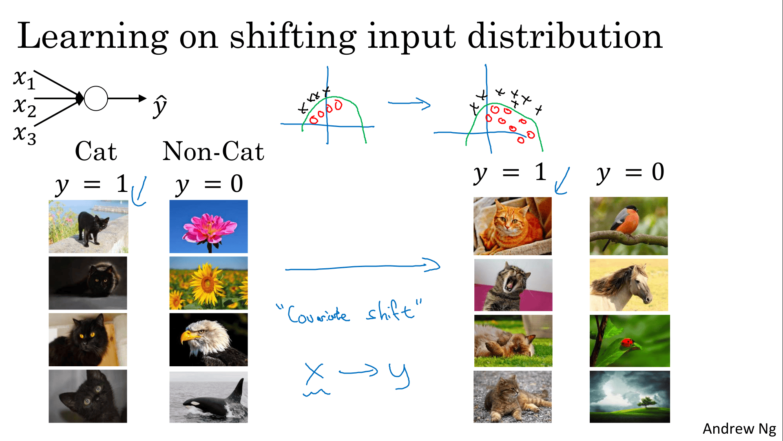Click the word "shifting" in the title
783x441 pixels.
[x=293, y=37]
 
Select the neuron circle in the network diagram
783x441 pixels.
[x=96, y=98]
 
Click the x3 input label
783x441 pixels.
[x=24, y=134]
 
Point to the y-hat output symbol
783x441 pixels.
[x=160, y=106]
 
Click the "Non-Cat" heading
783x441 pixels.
[x=213, y=151]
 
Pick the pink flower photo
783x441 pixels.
[x=208, y=226]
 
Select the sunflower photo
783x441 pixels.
[x=208, y=283]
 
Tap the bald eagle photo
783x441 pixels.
[x=208, y=340]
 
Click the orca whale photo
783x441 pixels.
[x=208, y=397]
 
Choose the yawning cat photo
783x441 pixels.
[x=513, y=285]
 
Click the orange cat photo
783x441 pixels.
[x=513, y=226]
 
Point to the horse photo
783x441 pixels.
[x=629, y=285]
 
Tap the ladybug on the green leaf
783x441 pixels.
[x=628, y=343]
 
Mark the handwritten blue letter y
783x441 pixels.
[x=399, y=376]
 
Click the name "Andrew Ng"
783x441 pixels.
[x=739, y=429]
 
